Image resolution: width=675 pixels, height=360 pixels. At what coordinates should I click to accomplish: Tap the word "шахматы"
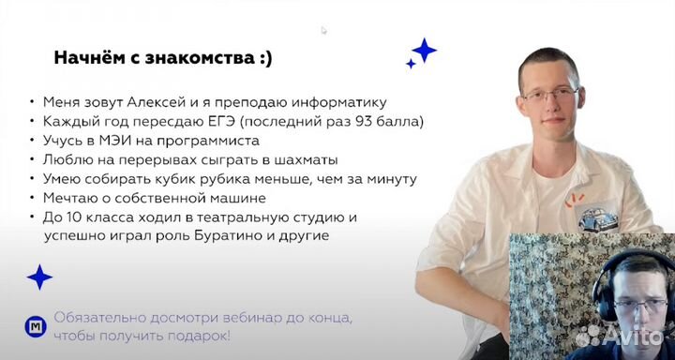pyautogui.click(x=301, y=160)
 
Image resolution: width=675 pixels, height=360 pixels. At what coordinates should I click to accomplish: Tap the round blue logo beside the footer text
pyautogui.click(x=35, y=326)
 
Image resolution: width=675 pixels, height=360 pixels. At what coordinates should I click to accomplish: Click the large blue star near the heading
pyautogui.click(x=424, y=51)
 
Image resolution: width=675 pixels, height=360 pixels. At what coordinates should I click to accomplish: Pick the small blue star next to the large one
pyautogui.click(x=411, y=64)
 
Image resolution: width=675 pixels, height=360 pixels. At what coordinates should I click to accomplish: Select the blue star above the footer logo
pyautogui.click(x=39, y=277)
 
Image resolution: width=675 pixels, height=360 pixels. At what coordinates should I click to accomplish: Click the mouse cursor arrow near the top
pyautogui.click(x=324, y=30)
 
